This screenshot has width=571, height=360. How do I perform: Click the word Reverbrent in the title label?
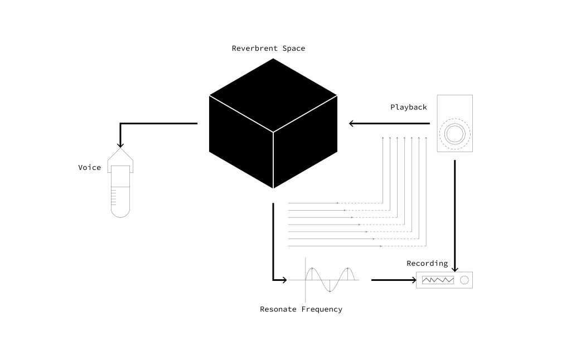[254, 48]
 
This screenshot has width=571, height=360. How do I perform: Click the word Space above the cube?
[294, 48]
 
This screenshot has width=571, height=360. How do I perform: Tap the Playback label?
[409, 108]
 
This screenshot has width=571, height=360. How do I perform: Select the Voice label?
[90, 167]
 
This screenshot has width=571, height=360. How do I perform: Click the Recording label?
[427, 263]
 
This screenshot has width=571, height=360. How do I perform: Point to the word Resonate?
[278, 309]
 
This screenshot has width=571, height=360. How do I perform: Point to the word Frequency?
[322, 309]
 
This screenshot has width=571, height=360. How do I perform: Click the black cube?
[273, 123]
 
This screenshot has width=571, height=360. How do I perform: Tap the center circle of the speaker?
[455, 134]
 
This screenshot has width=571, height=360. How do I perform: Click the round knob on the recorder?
[464, 280]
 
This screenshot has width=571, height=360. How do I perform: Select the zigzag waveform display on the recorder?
[438, 280]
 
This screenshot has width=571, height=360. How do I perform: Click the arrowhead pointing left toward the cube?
[352, 123]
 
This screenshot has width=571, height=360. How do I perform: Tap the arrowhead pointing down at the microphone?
[120, 144]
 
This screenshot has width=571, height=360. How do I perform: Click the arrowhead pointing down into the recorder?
[455, 269]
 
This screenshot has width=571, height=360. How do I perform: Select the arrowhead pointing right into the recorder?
[414, 280]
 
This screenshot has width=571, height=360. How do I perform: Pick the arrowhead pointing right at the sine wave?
[284, 280]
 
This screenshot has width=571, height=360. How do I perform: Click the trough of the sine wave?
[330, 291]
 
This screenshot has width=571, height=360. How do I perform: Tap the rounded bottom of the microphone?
[120, 213]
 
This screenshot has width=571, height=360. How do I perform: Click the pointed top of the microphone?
[120, 148]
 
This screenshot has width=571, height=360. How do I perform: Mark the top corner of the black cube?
[273, 59]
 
